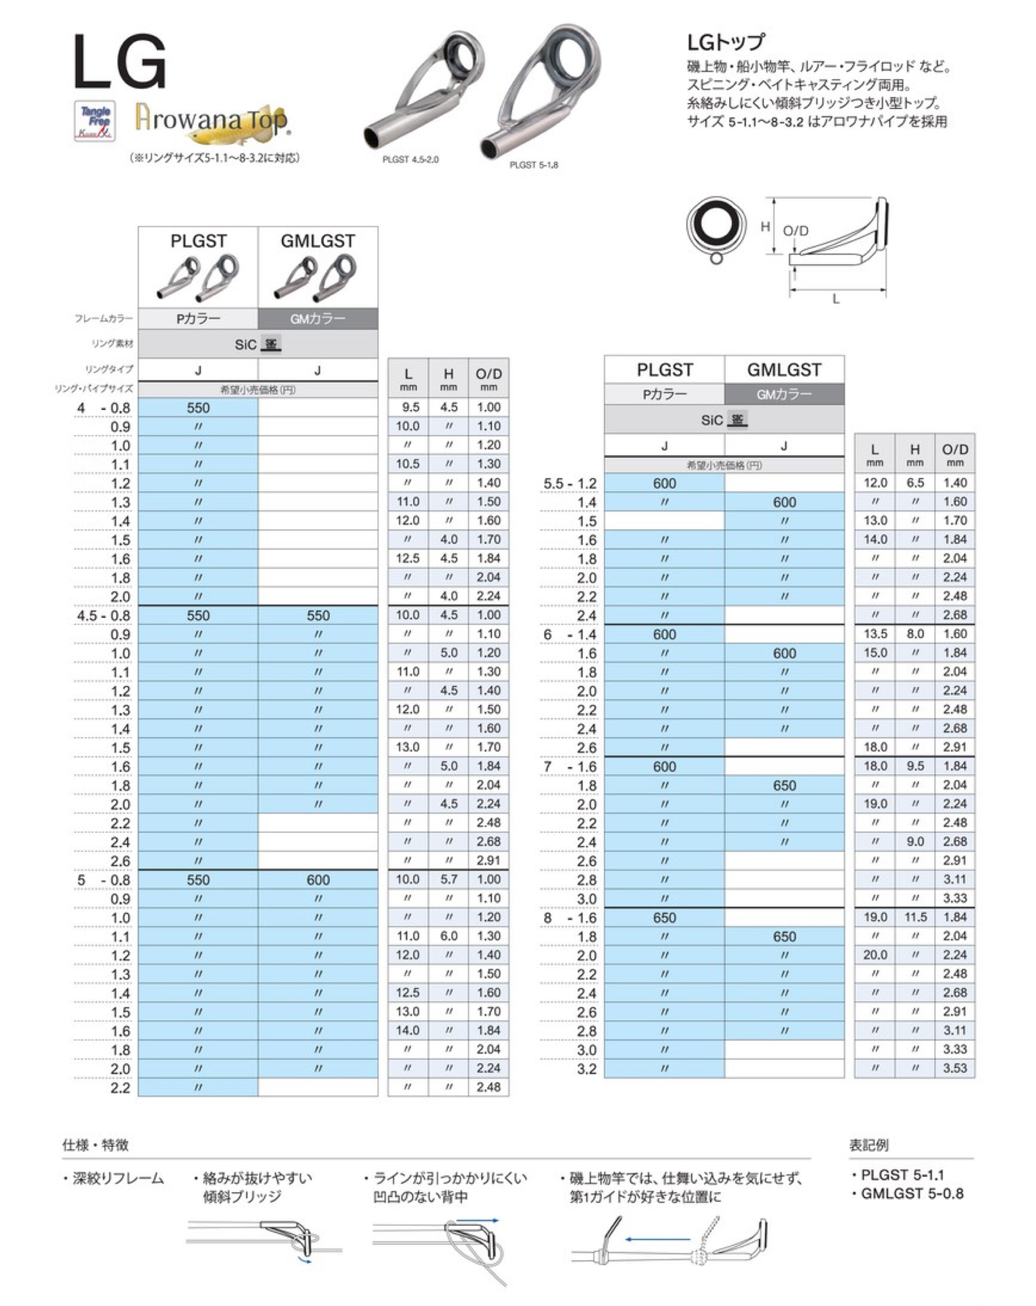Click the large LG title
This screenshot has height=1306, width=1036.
(120, 64)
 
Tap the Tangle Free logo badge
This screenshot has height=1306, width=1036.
(95, 122)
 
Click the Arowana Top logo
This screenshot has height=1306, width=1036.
(212, 119)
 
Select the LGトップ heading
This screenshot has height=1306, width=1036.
(726, 42)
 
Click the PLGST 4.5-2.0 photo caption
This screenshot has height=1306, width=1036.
(410, 159)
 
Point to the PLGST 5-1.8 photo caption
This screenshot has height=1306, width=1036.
(533, 165)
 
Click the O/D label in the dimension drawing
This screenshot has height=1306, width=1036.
(795, 231)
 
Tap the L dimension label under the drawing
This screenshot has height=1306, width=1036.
(836, 300)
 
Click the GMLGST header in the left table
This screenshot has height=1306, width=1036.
(318, 242)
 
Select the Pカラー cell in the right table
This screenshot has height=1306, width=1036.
(664, 394)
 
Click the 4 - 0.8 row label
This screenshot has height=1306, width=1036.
(104, 408)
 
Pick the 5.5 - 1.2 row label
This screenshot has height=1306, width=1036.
(570, 484)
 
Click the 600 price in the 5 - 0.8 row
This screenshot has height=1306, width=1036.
(318, 880)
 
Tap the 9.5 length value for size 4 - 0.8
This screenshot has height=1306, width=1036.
(408, 407)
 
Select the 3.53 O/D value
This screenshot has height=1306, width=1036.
(955, 1068)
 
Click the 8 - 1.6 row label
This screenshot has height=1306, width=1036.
(570, 918)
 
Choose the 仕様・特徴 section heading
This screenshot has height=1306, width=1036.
(95, 1145)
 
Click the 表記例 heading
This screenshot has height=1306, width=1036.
(869, 1145)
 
